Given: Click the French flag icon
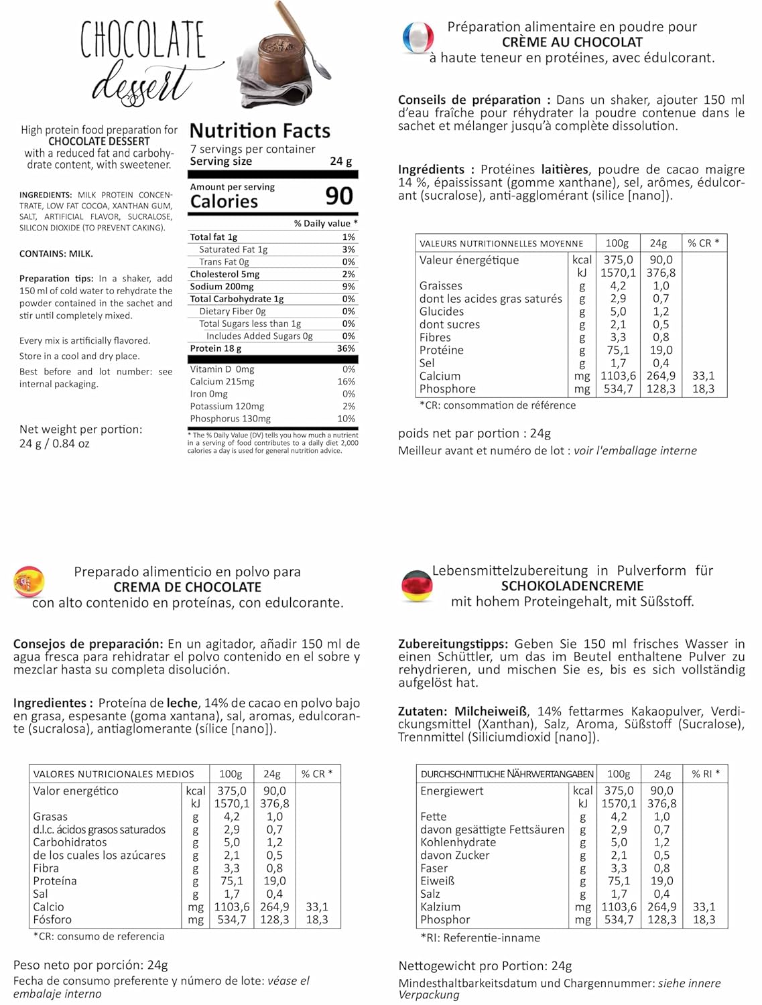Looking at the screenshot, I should click(x=418, y=38).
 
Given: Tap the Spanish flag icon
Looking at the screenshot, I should click(x=29, y=582).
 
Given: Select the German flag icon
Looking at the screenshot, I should click(x=417, y=585).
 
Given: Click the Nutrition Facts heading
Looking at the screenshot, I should click(x=260, y=131).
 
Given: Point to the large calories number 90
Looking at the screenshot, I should click(x=339, y=196).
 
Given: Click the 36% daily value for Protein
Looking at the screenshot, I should click(x=346, y=348).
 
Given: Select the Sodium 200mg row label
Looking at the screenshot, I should click(x=222, y=287).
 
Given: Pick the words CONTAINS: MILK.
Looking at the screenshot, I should click(x=56, y=254).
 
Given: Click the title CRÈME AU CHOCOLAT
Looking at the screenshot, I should click(x=572, y=42).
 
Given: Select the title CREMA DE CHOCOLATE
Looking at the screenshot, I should click(x=187, y=588).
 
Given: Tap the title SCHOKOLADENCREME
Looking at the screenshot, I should click(x=572, y=586).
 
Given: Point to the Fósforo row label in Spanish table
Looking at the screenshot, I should click(x=52, y=920).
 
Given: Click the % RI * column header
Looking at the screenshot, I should click(x=706, y=774).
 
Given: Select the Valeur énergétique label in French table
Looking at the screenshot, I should click(x=469, y=260).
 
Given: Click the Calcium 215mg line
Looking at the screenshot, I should click(x=222, y=382).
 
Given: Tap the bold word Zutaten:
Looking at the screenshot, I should click(x=422, y=712).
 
